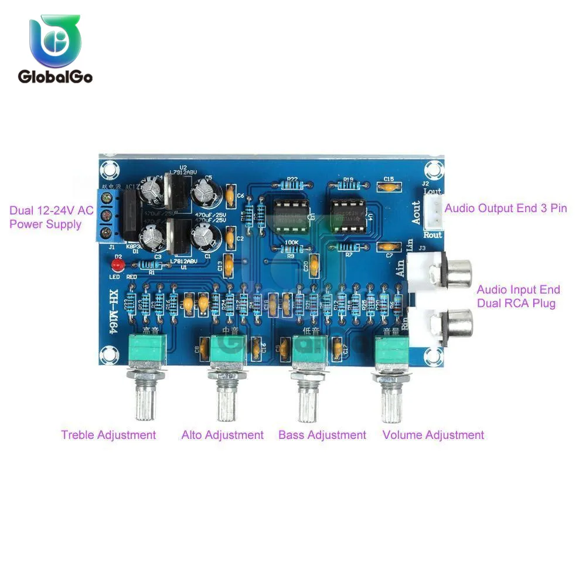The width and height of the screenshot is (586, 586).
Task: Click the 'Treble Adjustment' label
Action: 108,435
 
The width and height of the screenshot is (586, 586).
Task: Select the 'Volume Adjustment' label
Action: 433,435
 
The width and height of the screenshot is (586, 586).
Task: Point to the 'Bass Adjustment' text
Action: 322,435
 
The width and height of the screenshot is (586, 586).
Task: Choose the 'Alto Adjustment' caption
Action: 223,435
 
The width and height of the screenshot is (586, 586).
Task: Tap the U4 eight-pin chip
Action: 347,213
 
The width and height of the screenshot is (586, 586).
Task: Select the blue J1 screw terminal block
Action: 105,216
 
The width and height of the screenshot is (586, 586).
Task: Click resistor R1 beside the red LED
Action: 151,265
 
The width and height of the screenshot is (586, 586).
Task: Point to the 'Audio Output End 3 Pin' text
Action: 506,208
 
